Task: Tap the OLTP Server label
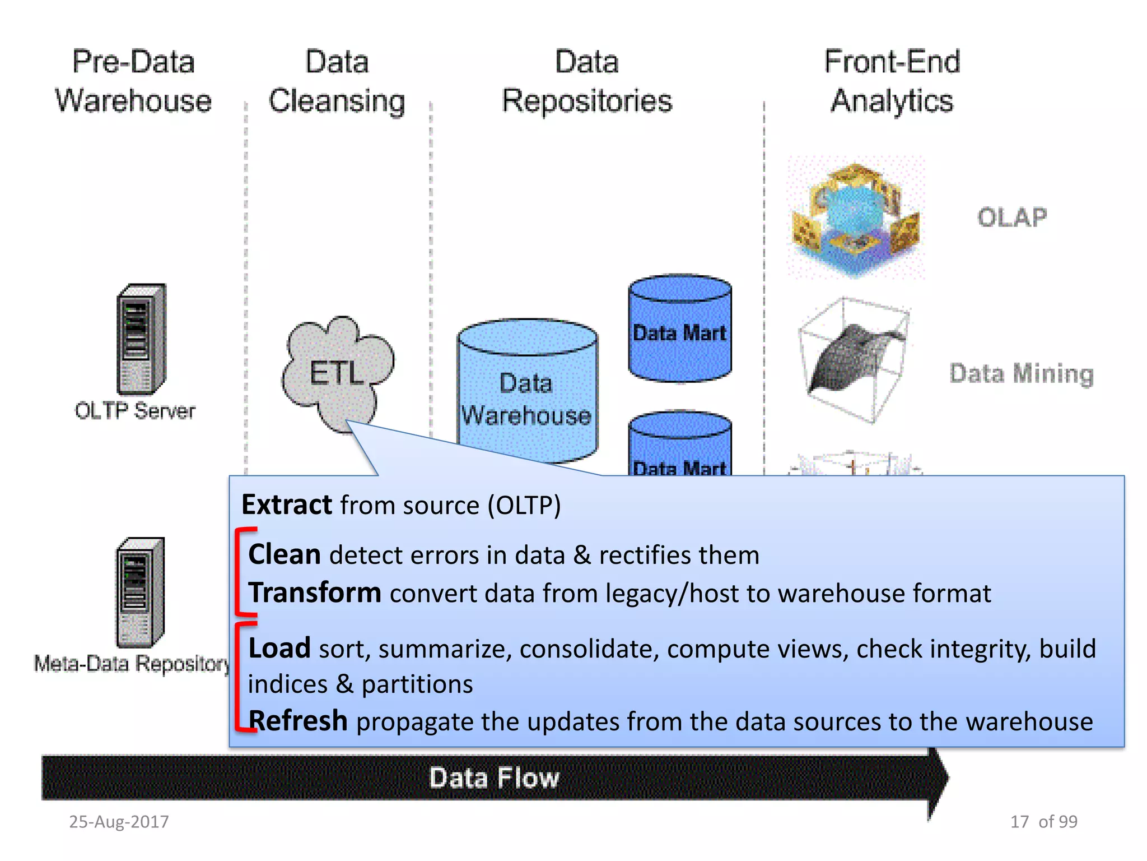135,411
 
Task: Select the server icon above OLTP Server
141,339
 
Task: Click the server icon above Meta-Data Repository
139,592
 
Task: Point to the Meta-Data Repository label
132,664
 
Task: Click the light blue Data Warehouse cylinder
526,392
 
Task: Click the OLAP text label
1012,217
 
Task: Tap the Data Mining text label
1022,373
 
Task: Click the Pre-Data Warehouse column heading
133,81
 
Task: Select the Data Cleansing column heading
337,81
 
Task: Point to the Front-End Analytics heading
892,81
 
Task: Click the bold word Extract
287,504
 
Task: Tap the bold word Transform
315,592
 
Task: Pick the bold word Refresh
298,721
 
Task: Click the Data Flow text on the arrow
494,778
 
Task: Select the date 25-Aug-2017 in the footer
119,822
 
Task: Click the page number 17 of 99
1043,822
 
